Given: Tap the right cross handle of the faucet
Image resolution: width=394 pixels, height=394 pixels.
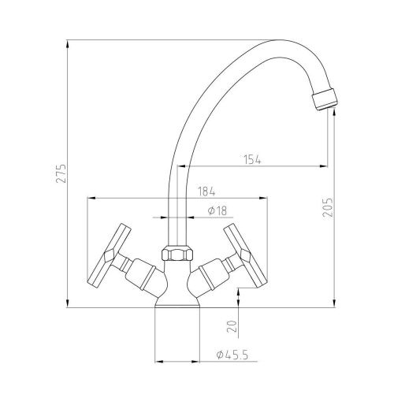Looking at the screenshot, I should point(243,254).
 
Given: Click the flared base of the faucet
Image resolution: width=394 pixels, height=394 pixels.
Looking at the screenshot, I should point(178,302).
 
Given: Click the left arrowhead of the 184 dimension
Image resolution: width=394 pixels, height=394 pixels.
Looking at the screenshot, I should point(89,198).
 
